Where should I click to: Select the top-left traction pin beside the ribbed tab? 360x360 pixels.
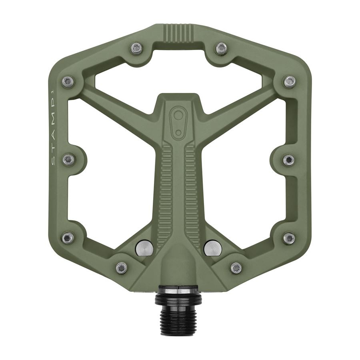click(x=136, y=48)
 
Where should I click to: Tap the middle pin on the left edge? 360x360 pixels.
click(x=68, y=159)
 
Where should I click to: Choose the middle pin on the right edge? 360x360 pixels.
click(x=288, y=159)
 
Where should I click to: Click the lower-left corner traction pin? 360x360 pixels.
click(x=68, y=238)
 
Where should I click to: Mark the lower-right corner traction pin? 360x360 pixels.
click(x=289, y=238)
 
